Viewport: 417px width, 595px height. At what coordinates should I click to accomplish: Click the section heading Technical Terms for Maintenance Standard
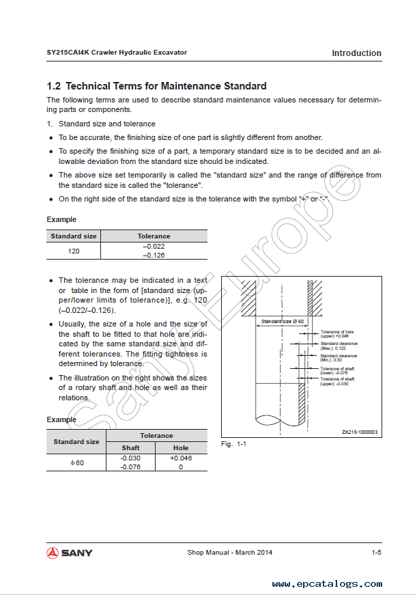156,86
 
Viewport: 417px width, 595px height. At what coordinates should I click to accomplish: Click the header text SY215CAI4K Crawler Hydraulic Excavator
117,53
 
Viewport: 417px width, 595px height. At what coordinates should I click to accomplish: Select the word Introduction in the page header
356,53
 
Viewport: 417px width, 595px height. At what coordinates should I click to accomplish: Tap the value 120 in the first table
74,251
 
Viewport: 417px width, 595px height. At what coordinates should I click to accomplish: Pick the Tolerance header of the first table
154,236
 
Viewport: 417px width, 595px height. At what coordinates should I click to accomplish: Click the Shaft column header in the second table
130,447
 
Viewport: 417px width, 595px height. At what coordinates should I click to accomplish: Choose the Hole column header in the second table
181,447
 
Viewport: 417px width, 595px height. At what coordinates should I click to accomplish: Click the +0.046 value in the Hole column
181,458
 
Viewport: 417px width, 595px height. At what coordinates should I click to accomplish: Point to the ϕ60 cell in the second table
76,462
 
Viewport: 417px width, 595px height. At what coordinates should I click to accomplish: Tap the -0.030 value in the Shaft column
130,458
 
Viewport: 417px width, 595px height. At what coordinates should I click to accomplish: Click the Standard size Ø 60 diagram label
283,320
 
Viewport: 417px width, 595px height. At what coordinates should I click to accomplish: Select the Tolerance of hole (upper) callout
337,334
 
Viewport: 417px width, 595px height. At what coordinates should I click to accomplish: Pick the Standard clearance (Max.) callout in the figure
339,346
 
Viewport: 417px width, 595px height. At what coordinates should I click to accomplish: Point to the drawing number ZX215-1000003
360,432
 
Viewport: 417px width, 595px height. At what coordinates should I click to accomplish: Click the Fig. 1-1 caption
233,444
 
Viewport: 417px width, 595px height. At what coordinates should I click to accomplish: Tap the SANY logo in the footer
70,552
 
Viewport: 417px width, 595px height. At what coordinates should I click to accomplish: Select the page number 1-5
376,552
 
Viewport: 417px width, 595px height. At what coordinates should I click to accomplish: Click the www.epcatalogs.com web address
327,584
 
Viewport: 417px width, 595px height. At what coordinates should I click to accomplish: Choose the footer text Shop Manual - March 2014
229,552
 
